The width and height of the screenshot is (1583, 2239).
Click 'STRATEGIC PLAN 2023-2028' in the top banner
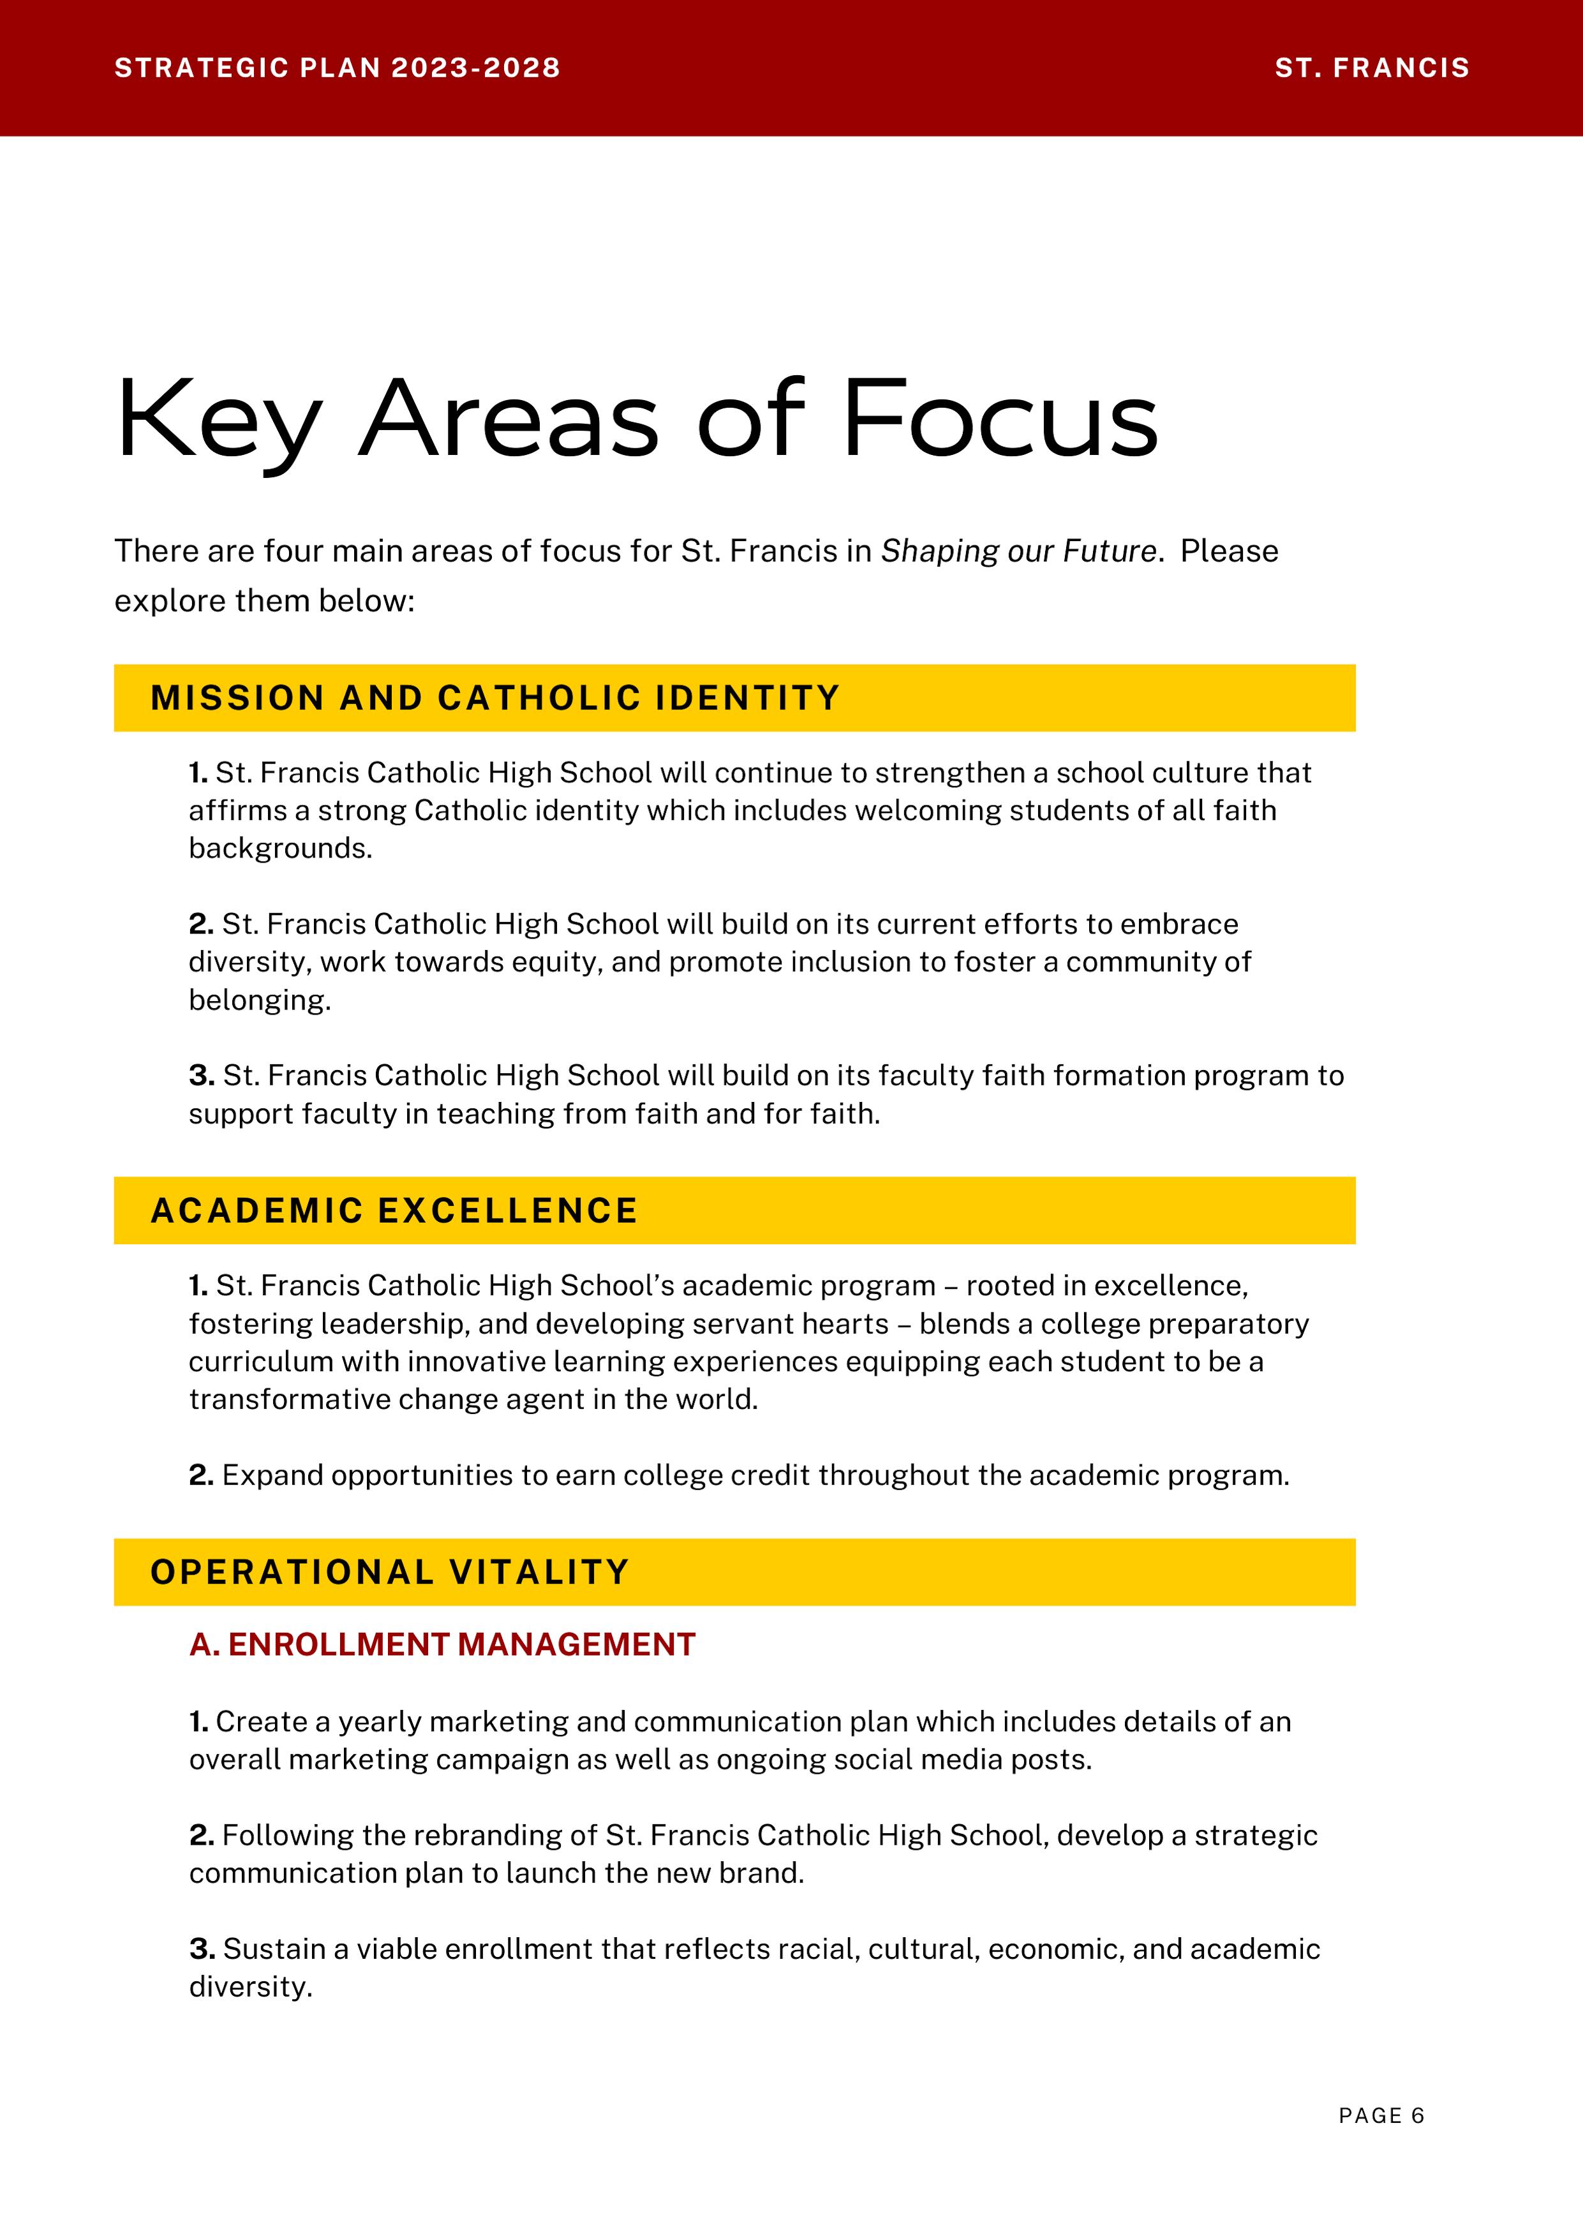338,68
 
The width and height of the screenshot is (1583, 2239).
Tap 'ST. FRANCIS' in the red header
1371,68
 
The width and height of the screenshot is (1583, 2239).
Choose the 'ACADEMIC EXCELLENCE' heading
394,1210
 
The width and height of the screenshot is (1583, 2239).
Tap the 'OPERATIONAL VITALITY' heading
390,1572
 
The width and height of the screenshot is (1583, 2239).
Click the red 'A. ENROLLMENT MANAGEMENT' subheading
442,1644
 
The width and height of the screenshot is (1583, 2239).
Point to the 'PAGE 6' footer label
1381,2115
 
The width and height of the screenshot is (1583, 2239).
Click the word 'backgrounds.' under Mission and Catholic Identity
281,849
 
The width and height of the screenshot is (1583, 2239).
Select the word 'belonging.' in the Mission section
260,1000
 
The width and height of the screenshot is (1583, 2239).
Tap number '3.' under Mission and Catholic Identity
202,1076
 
